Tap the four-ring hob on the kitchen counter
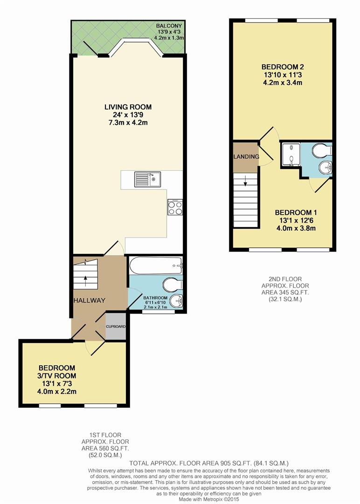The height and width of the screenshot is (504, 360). tap(175, 207)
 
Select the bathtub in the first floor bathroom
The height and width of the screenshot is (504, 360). tap(156, 266)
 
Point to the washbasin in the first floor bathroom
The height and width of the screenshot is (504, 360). tap(176, 301)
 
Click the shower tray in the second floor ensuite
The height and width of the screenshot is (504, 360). tap(291, 154)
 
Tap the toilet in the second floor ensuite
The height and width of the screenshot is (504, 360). tap(322, 151)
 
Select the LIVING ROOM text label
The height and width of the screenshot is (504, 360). tap(128, 107)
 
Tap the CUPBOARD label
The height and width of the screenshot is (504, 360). tap(116, 326)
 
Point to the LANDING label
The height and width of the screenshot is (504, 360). tap(246, 157)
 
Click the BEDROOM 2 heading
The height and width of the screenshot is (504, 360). tap(280, 66)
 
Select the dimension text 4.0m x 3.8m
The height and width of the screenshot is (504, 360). tap(295, 228)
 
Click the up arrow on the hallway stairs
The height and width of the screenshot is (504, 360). tap(86, 280)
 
